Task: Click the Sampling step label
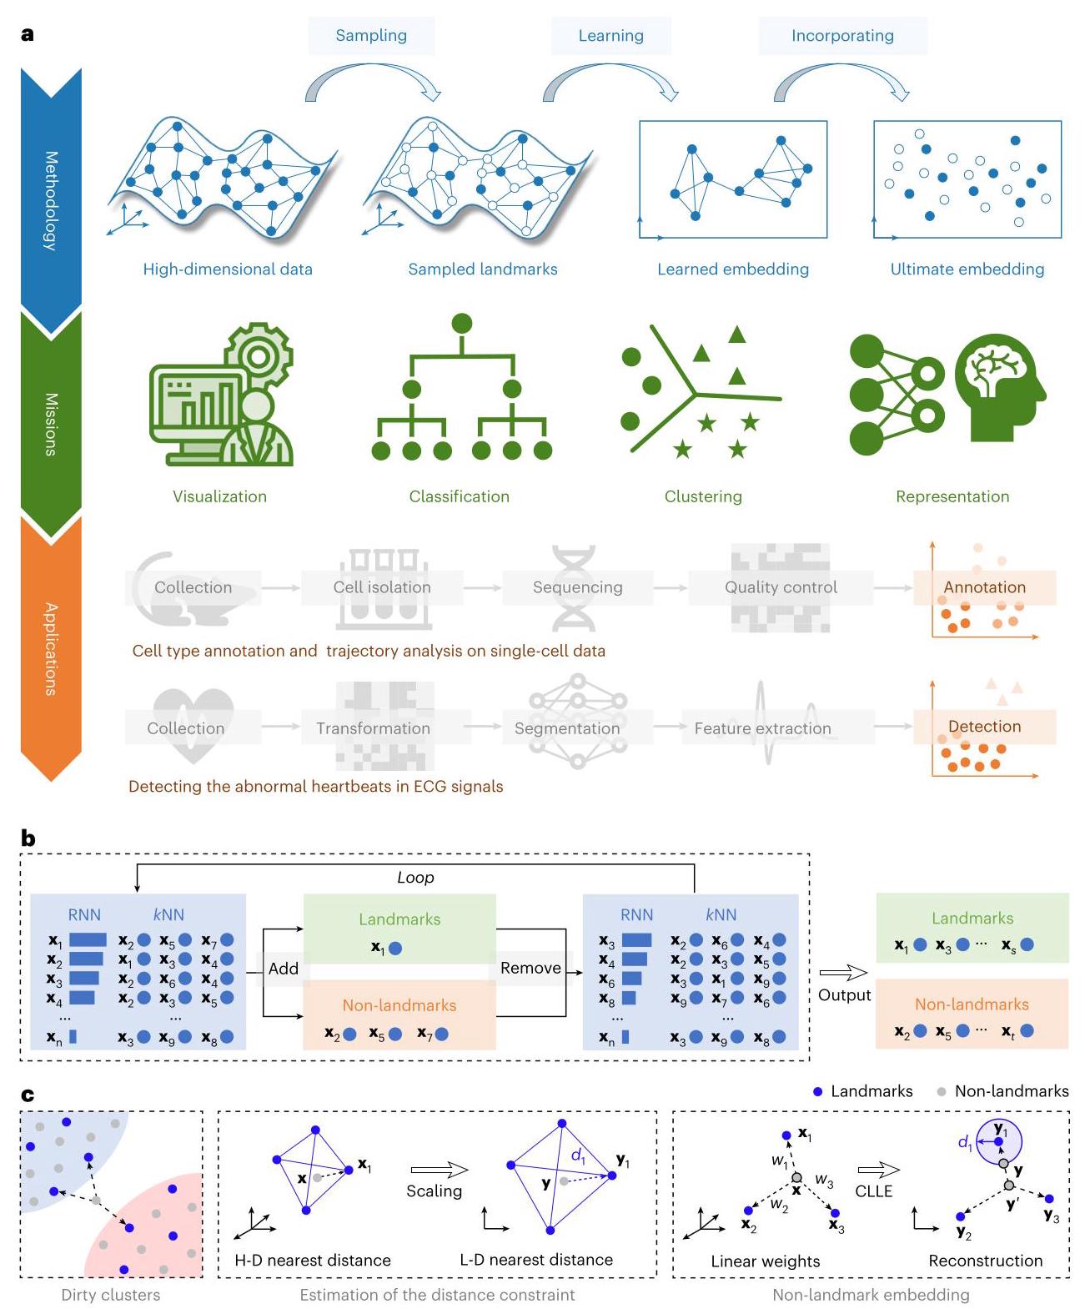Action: (x=371, y=36)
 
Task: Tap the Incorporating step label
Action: (x=842, y=36)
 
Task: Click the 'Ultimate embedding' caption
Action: (x=967, y=269)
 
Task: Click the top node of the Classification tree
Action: (x=461, y=324)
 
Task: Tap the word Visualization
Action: (x=219, y=496)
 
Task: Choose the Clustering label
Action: (x=703, y=496)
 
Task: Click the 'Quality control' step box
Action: (x=781, y=587)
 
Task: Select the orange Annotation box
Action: (x=984, y=587)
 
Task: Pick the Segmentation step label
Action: (x=567, y=728)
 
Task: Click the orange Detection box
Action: (x=984, y=727)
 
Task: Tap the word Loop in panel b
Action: (x=415, y=878)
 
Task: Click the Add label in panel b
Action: (x=284, y=969)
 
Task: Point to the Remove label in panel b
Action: (x=530, y=968)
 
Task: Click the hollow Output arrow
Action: (x=843, y=973)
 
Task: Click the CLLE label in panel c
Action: (x=874, y=1191)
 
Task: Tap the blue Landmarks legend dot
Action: (x=818, y=1091)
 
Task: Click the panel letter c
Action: (x=28, y=1095)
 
